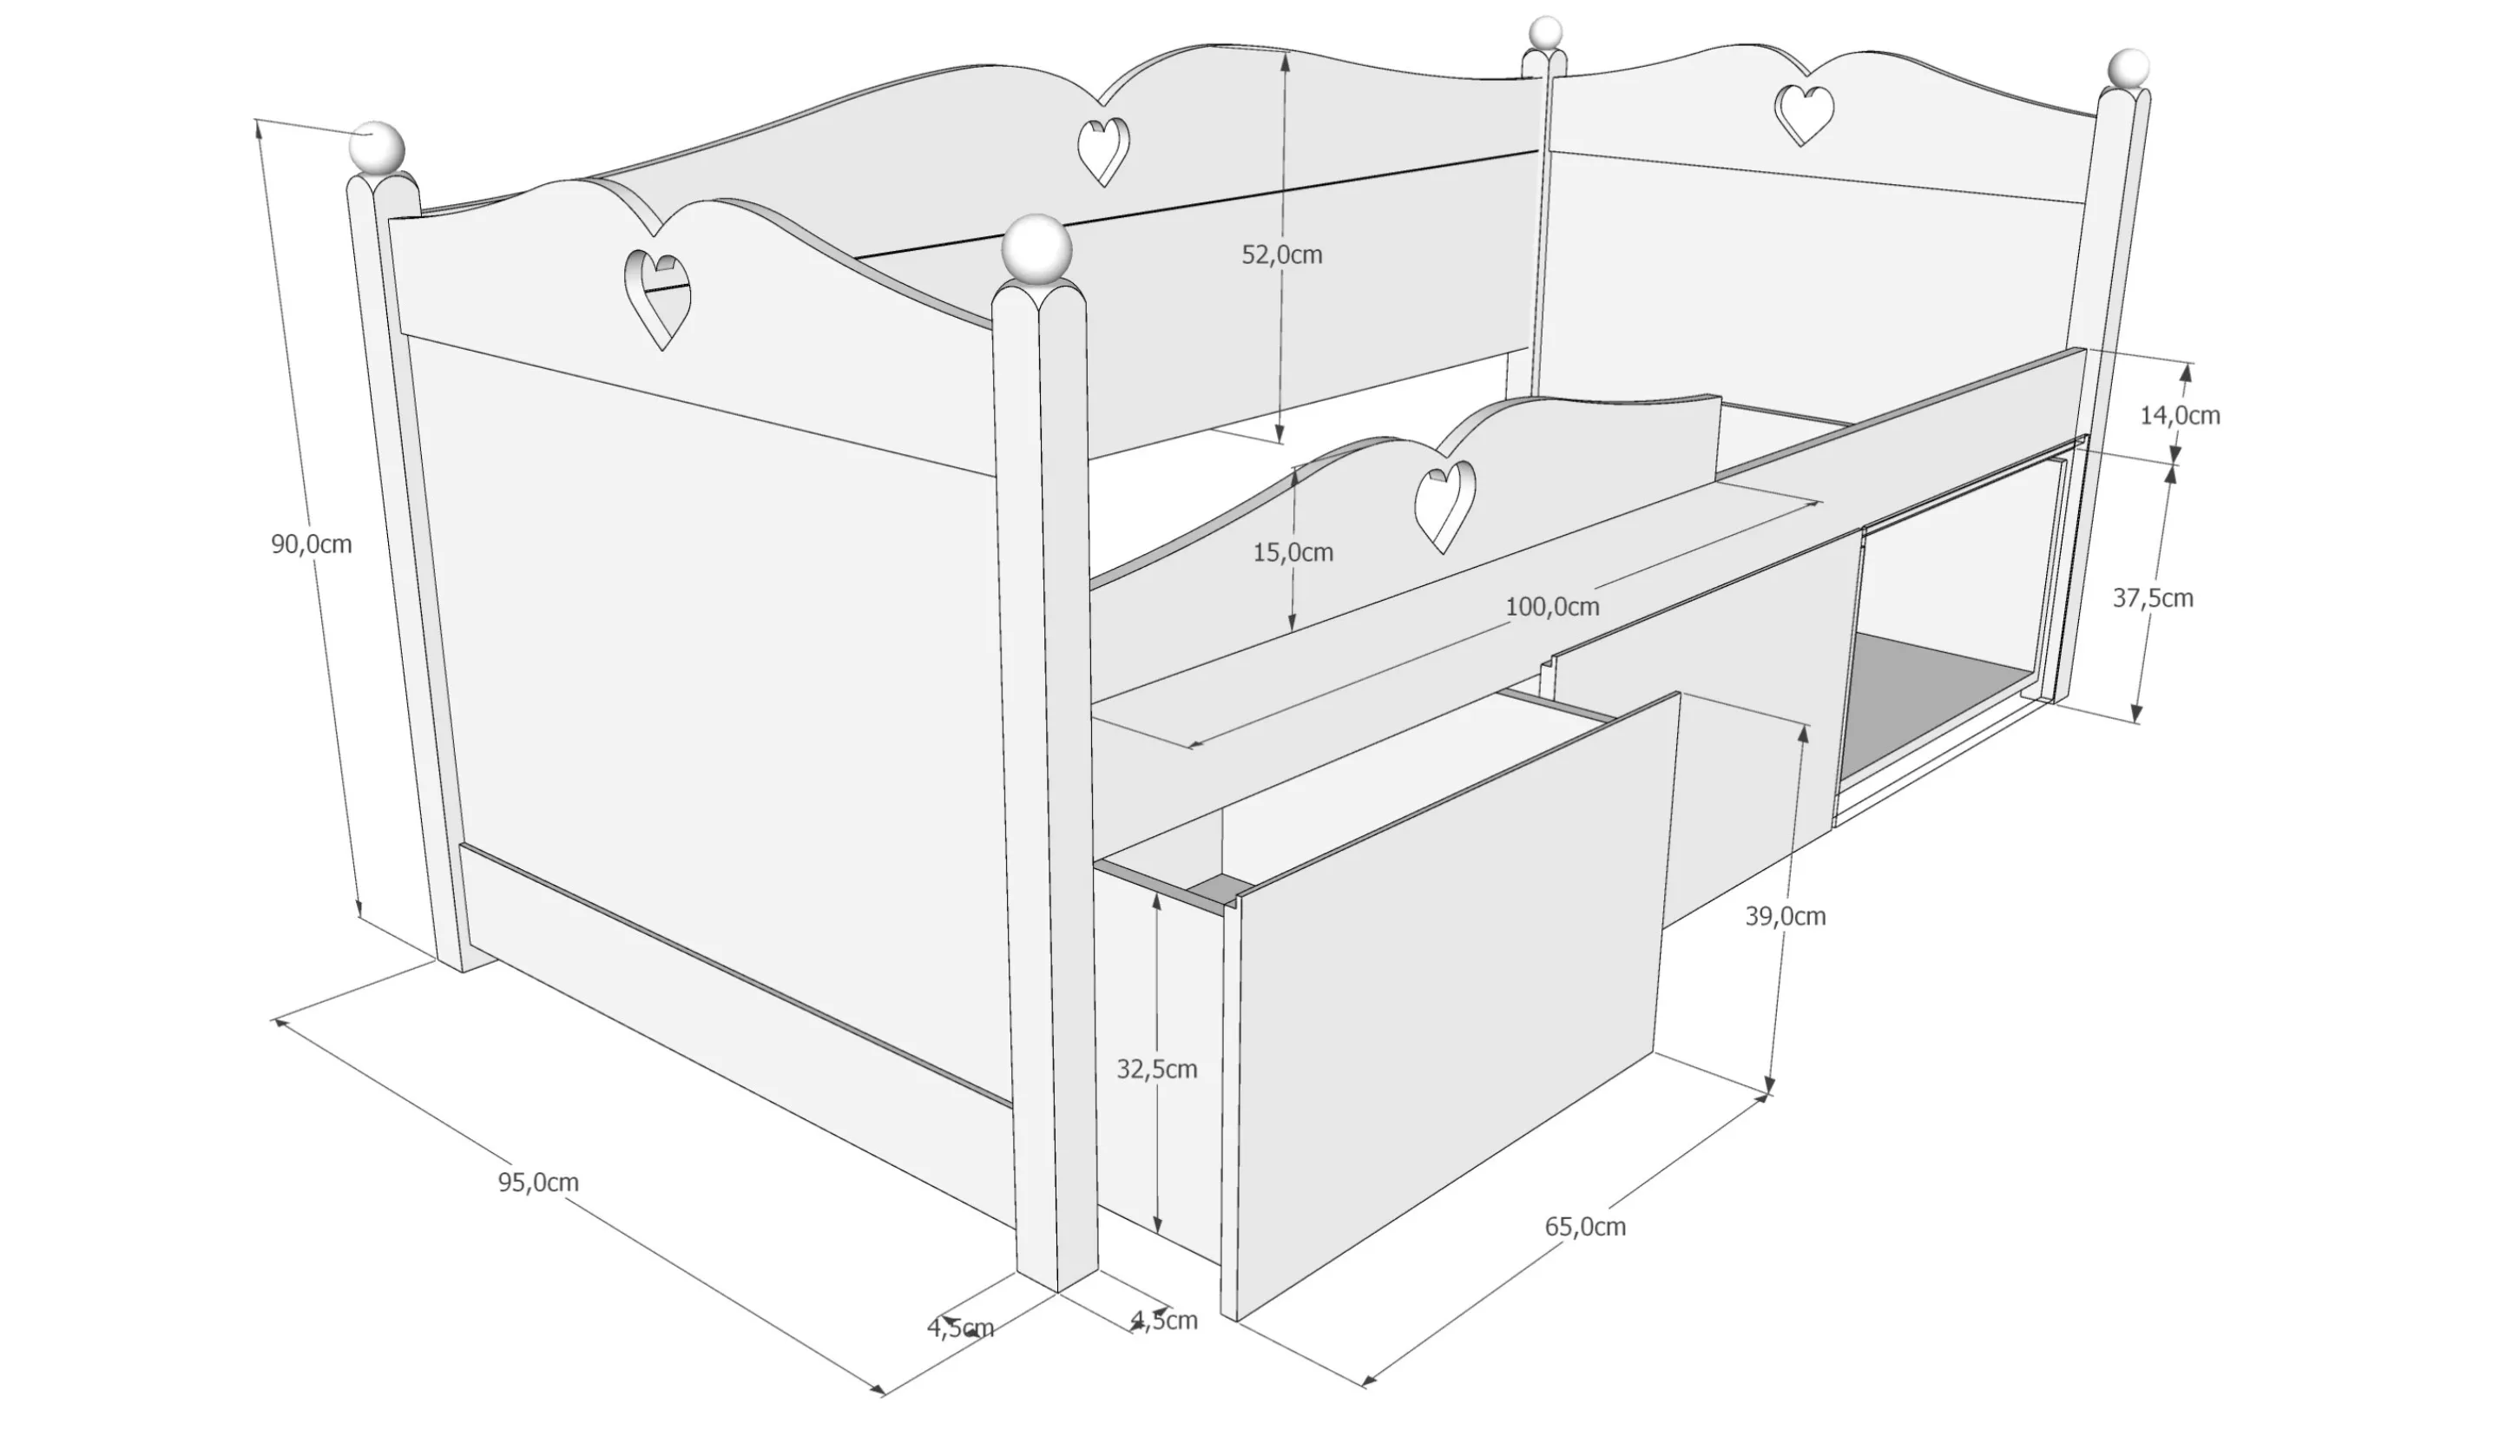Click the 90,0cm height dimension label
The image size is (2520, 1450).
pos(312,544)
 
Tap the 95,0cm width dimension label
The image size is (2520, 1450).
pos(539,1182)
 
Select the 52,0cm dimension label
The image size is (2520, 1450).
pos(1281,255)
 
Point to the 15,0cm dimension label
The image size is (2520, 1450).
pos(1293,553)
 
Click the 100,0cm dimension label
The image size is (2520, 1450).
pos(1552,607)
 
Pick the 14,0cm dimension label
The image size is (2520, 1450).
pos(2180,415)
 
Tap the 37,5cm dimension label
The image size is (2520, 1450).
pos(2153,597)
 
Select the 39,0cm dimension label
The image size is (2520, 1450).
pos(1786,916)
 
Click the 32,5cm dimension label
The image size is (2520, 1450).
pos(1156,1070)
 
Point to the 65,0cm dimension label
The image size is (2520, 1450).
pos(1585,1227)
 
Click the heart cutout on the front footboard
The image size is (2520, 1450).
pos(657,299)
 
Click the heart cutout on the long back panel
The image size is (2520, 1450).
pos(1104,151)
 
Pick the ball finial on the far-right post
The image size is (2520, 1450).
pos(2128,69)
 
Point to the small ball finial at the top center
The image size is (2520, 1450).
pos(1545,33)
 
